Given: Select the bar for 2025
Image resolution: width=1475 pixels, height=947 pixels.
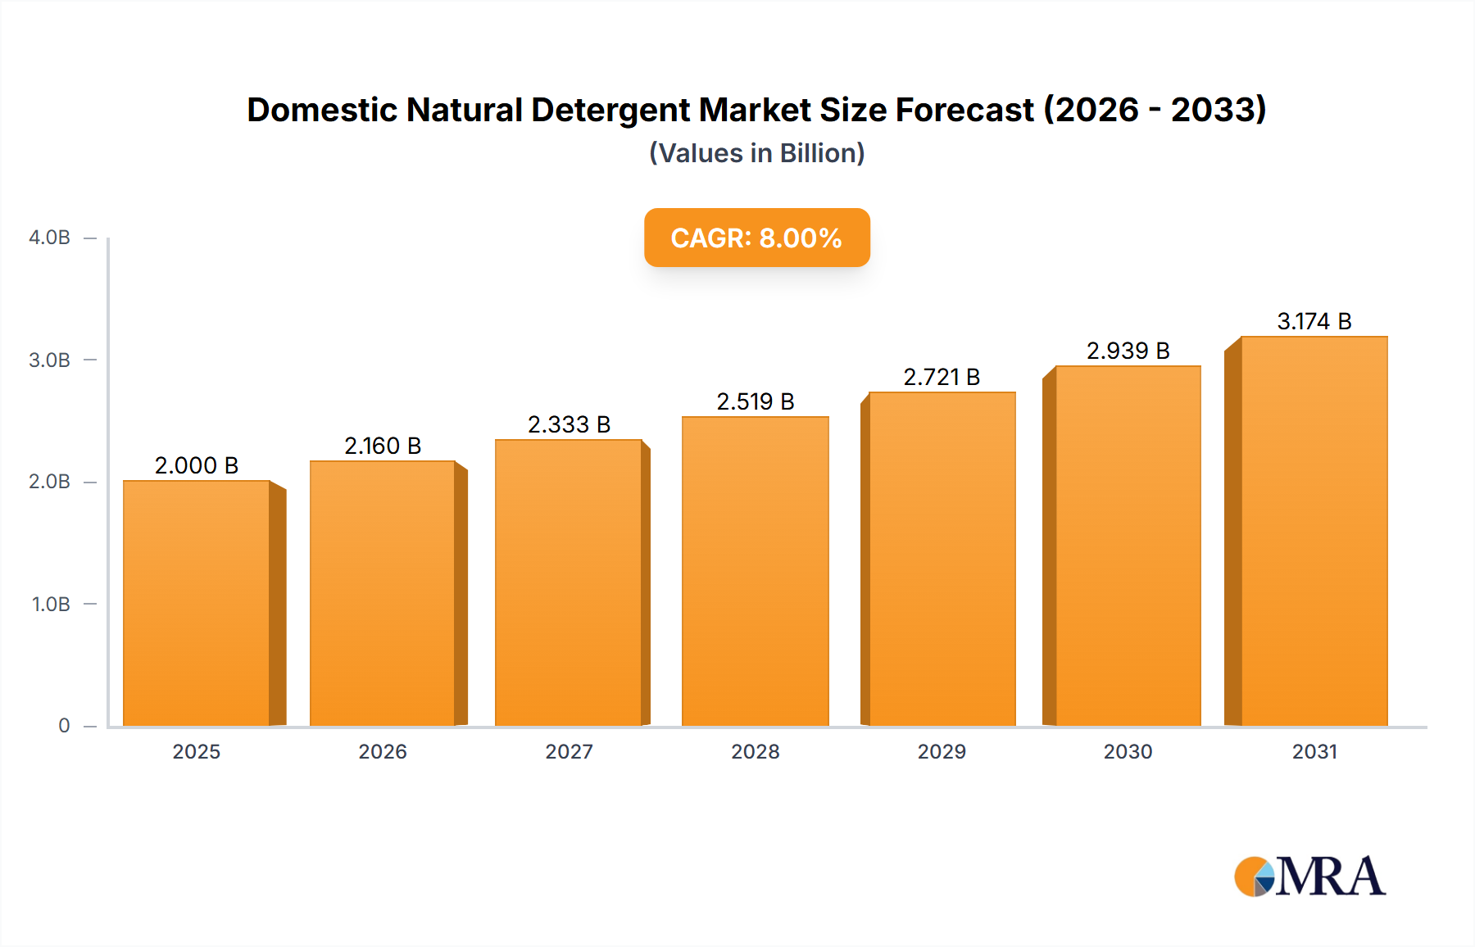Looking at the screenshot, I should pos(197,603).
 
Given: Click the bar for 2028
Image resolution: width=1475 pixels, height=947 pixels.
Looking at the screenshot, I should pos(755,571).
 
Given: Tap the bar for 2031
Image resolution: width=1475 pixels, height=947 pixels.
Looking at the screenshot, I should pos(1314,531).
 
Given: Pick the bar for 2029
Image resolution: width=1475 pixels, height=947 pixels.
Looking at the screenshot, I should pos(942,559).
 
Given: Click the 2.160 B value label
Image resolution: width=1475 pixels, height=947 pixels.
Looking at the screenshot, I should pos(383,446).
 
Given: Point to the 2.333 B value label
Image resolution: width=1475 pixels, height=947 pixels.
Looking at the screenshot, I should pos(569,424).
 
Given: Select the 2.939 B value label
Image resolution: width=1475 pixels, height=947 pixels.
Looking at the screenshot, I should pos(1128,351).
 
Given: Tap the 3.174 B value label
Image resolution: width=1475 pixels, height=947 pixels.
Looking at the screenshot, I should pos(1314,321).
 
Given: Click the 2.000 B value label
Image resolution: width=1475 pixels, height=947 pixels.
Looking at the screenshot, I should pos(197,465).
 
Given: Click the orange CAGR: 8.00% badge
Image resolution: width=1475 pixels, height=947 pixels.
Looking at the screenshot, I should pos(756,238).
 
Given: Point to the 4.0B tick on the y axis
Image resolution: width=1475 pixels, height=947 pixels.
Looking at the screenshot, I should pos(49,238).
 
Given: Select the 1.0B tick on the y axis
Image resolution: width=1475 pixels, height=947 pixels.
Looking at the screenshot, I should pos(51,604).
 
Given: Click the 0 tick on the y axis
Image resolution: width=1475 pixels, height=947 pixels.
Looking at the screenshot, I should pos(64,725).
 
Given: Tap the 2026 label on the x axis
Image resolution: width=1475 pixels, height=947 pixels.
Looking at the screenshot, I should pos(383,751).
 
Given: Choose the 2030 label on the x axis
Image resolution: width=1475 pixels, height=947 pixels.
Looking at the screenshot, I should pos(1128,751).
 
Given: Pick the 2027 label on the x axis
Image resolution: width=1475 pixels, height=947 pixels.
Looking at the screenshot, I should pos(569,751).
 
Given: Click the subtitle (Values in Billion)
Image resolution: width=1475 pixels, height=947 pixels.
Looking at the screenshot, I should pos(756,153).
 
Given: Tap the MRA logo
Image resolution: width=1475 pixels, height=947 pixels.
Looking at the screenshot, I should pos(1309,877).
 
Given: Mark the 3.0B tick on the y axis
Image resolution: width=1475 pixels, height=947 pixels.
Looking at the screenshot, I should pos(49,360).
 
